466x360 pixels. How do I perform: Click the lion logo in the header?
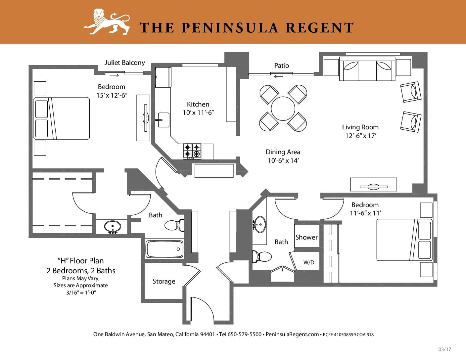tap(107, 22)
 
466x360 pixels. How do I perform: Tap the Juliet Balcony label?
tap(124, 63)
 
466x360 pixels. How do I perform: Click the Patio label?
tap(282, 66)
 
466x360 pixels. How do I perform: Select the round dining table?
tap(283, 109)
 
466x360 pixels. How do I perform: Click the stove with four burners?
tap(192, 151)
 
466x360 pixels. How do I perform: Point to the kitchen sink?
tap(163, 120)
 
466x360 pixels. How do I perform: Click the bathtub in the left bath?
tap(164, 249)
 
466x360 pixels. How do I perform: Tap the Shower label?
tap(306, 237)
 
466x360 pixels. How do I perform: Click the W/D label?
tap(309, 262)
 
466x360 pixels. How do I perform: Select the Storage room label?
tap(164, 281)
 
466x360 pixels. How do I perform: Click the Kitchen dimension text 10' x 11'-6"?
tap(198, 112)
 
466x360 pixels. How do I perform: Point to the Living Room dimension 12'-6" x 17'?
tap(361, 136)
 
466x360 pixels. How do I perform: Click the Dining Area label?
tap(283, 152)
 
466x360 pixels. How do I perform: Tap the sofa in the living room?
tap(367, 69)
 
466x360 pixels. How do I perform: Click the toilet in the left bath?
tap(174, 225)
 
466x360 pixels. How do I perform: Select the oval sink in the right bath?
tap(259, 224)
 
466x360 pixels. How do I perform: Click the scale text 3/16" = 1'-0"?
tap(81, 293)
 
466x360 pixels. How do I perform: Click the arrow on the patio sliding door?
tap(279, 76)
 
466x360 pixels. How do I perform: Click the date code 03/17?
tap(445, 349)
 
